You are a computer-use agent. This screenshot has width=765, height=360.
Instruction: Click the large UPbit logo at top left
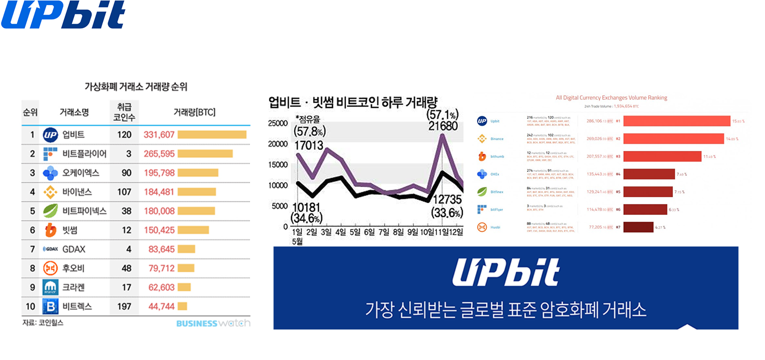(x=63, y=15)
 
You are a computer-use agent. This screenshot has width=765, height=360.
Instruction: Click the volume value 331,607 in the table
(x=159, y=134)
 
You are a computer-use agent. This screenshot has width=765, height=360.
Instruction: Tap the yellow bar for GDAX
(x=186, y=249)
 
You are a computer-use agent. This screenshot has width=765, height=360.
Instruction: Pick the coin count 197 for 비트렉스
(x=124, y=306)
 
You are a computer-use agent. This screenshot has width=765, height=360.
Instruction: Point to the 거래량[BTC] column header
(x=194, y=112)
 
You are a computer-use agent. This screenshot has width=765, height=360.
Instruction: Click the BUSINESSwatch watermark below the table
(x=213, y=323)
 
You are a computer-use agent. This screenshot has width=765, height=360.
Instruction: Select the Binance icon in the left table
(x=50, y=192)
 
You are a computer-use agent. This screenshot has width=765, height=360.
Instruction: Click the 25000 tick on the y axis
(x=278, y=123)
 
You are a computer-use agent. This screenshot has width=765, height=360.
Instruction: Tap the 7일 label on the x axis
(x=383, y=232)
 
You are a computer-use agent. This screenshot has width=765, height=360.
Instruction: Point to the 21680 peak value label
(x=442, y=126)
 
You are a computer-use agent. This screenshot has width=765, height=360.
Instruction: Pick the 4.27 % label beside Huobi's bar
(x=660, y=227)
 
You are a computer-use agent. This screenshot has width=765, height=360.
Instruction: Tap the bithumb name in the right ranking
(x=497, y=156)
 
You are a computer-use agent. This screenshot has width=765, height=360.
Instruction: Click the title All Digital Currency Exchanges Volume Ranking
(x=611, y=98)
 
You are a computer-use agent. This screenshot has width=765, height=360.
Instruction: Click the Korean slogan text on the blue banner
(x=505, y=309)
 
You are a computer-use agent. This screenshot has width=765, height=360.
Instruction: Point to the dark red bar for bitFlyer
(x=645, y=209)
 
